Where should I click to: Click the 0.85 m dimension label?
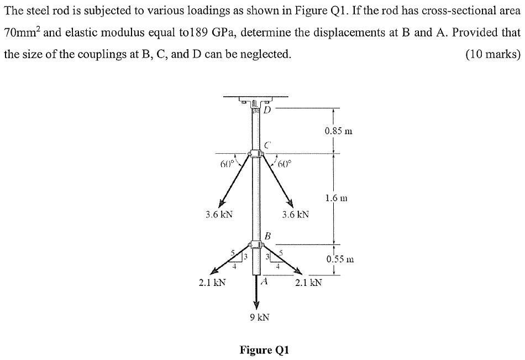(x=339, y=131)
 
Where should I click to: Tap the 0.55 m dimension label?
(x=340, y=259)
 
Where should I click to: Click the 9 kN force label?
(x=260, y=317)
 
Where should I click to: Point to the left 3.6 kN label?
(x=219, y=214)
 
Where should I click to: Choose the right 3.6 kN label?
(x=295, y=214)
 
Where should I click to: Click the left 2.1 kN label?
(x=212, y=283)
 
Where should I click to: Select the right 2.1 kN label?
(x=308, y=283)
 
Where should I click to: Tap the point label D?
(x=267, y=109)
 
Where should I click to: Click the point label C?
(x=267, y=145)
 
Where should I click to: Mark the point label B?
(x=267, y=236)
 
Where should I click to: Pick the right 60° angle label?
(x=285, y=164)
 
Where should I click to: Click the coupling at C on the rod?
(x=256, y=154)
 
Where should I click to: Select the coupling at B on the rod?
(x=256, y=245)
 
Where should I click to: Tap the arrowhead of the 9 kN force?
(x=256, y=305)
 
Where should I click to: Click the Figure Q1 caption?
(x=264, y=350)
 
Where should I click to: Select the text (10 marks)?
(x=493, y=54)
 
